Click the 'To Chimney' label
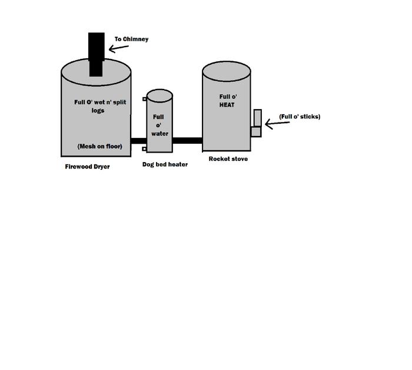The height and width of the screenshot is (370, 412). (131, 39)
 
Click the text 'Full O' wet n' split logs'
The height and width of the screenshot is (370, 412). (100, 106)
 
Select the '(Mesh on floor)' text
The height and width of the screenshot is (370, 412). (99, 146)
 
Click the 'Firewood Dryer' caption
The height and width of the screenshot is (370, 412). (87, 167)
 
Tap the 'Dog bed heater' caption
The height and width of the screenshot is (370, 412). (165, 164)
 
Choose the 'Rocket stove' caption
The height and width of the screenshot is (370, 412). (228, 159)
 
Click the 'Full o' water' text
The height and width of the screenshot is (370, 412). (160, 125)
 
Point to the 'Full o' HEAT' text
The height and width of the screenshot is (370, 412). (227, 101)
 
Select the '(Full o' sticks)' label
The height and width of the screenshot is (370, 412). (300, 117)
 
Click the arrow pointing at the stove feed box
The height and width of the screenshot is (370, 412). (277, 124)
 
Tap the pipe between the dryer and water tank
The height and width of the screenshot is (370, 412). (138, 141)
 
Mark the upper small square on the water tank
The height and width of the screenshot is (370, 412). (144, 99)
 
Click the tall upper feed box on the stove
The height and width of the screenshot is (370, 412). (257, 117)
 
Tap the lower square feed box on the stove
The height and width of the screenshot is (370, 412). (255, 131)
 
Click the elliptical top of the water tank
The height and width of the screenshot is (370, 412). (160, 95)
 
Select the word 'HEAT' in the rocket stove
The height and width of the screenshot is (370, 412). (227, 105)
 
